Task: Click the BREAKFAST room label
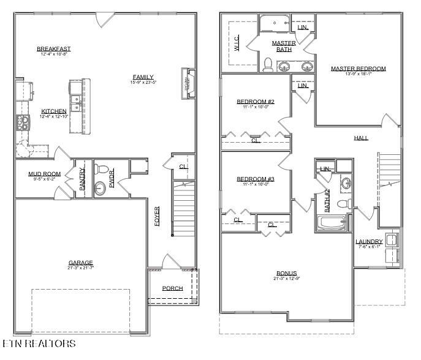53,49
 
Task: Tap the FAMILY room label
143,77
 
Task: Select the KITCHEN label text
53,111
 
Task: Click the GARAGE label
80,263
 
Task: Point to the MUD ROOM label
44,174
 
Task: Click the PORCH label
172,288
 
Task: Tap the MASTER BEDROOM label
358,69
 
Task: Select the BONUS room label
286,273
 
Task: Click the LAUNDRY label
369,241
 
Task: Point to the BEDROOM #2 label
255,101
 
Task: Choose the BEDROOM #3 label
255,179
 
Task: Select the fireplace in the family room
186,84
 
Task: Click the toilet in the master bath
267,64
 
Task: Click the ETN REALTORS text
39,344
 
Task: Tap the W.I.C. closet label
237,42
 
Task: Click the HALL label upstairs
361,138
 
